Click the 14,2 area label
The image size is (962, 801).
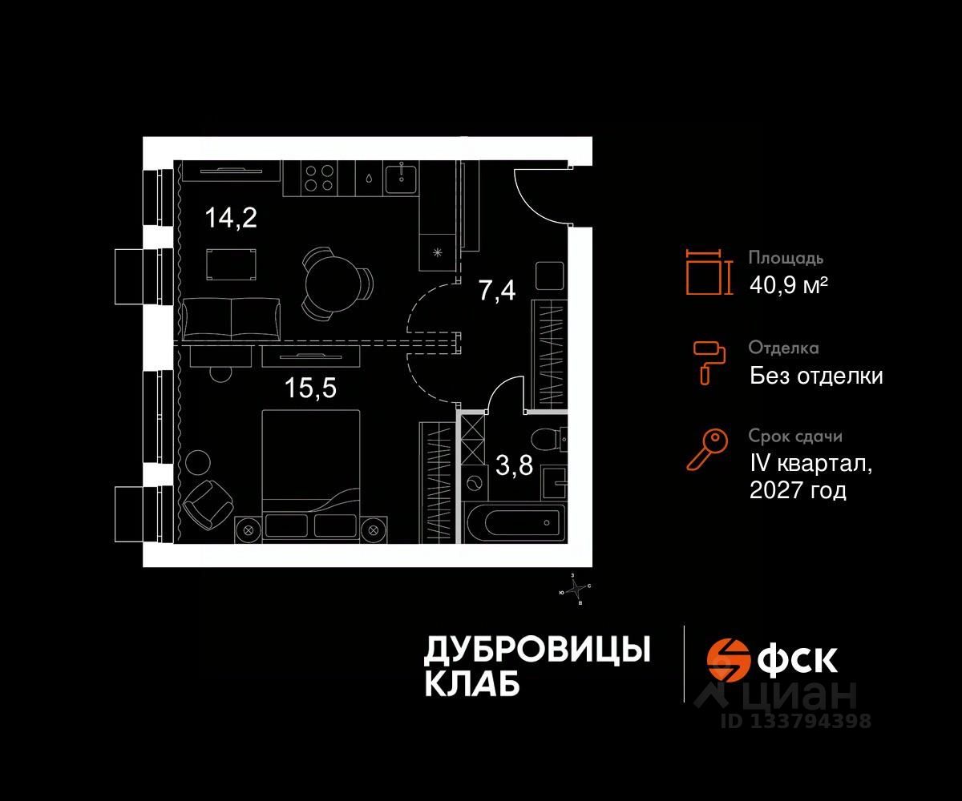click(231, 217)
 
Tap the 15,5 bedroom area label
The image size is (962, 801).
click(310, 388)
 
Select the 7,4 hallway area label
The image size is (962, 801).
click(497, 291)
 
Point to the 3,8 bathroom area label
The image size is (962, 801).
click(514, 465)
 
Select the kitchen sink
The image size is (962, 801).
click(400, 178)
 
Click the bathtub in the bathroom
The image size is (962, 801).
click(516, 523)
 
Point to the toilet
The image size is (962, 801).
click(552, 441)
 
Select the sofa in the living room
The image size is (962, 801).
click(231, 317)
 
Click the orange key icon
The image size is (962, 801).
click(706, 449)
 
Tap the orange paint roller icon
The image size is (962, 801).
click(708, 360)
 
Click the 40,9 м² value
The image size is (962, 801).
click(788, 284)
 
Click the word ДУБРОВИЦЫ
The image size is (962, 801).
click(536, 650)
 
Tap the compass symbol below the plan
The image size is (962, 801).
click(576, 591)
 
